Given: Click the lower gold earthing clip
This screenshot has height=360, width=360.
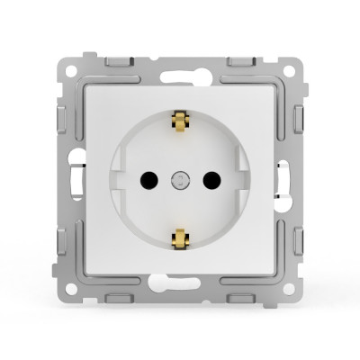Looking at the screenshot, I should pyautogui.click(x=180, y=238).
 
